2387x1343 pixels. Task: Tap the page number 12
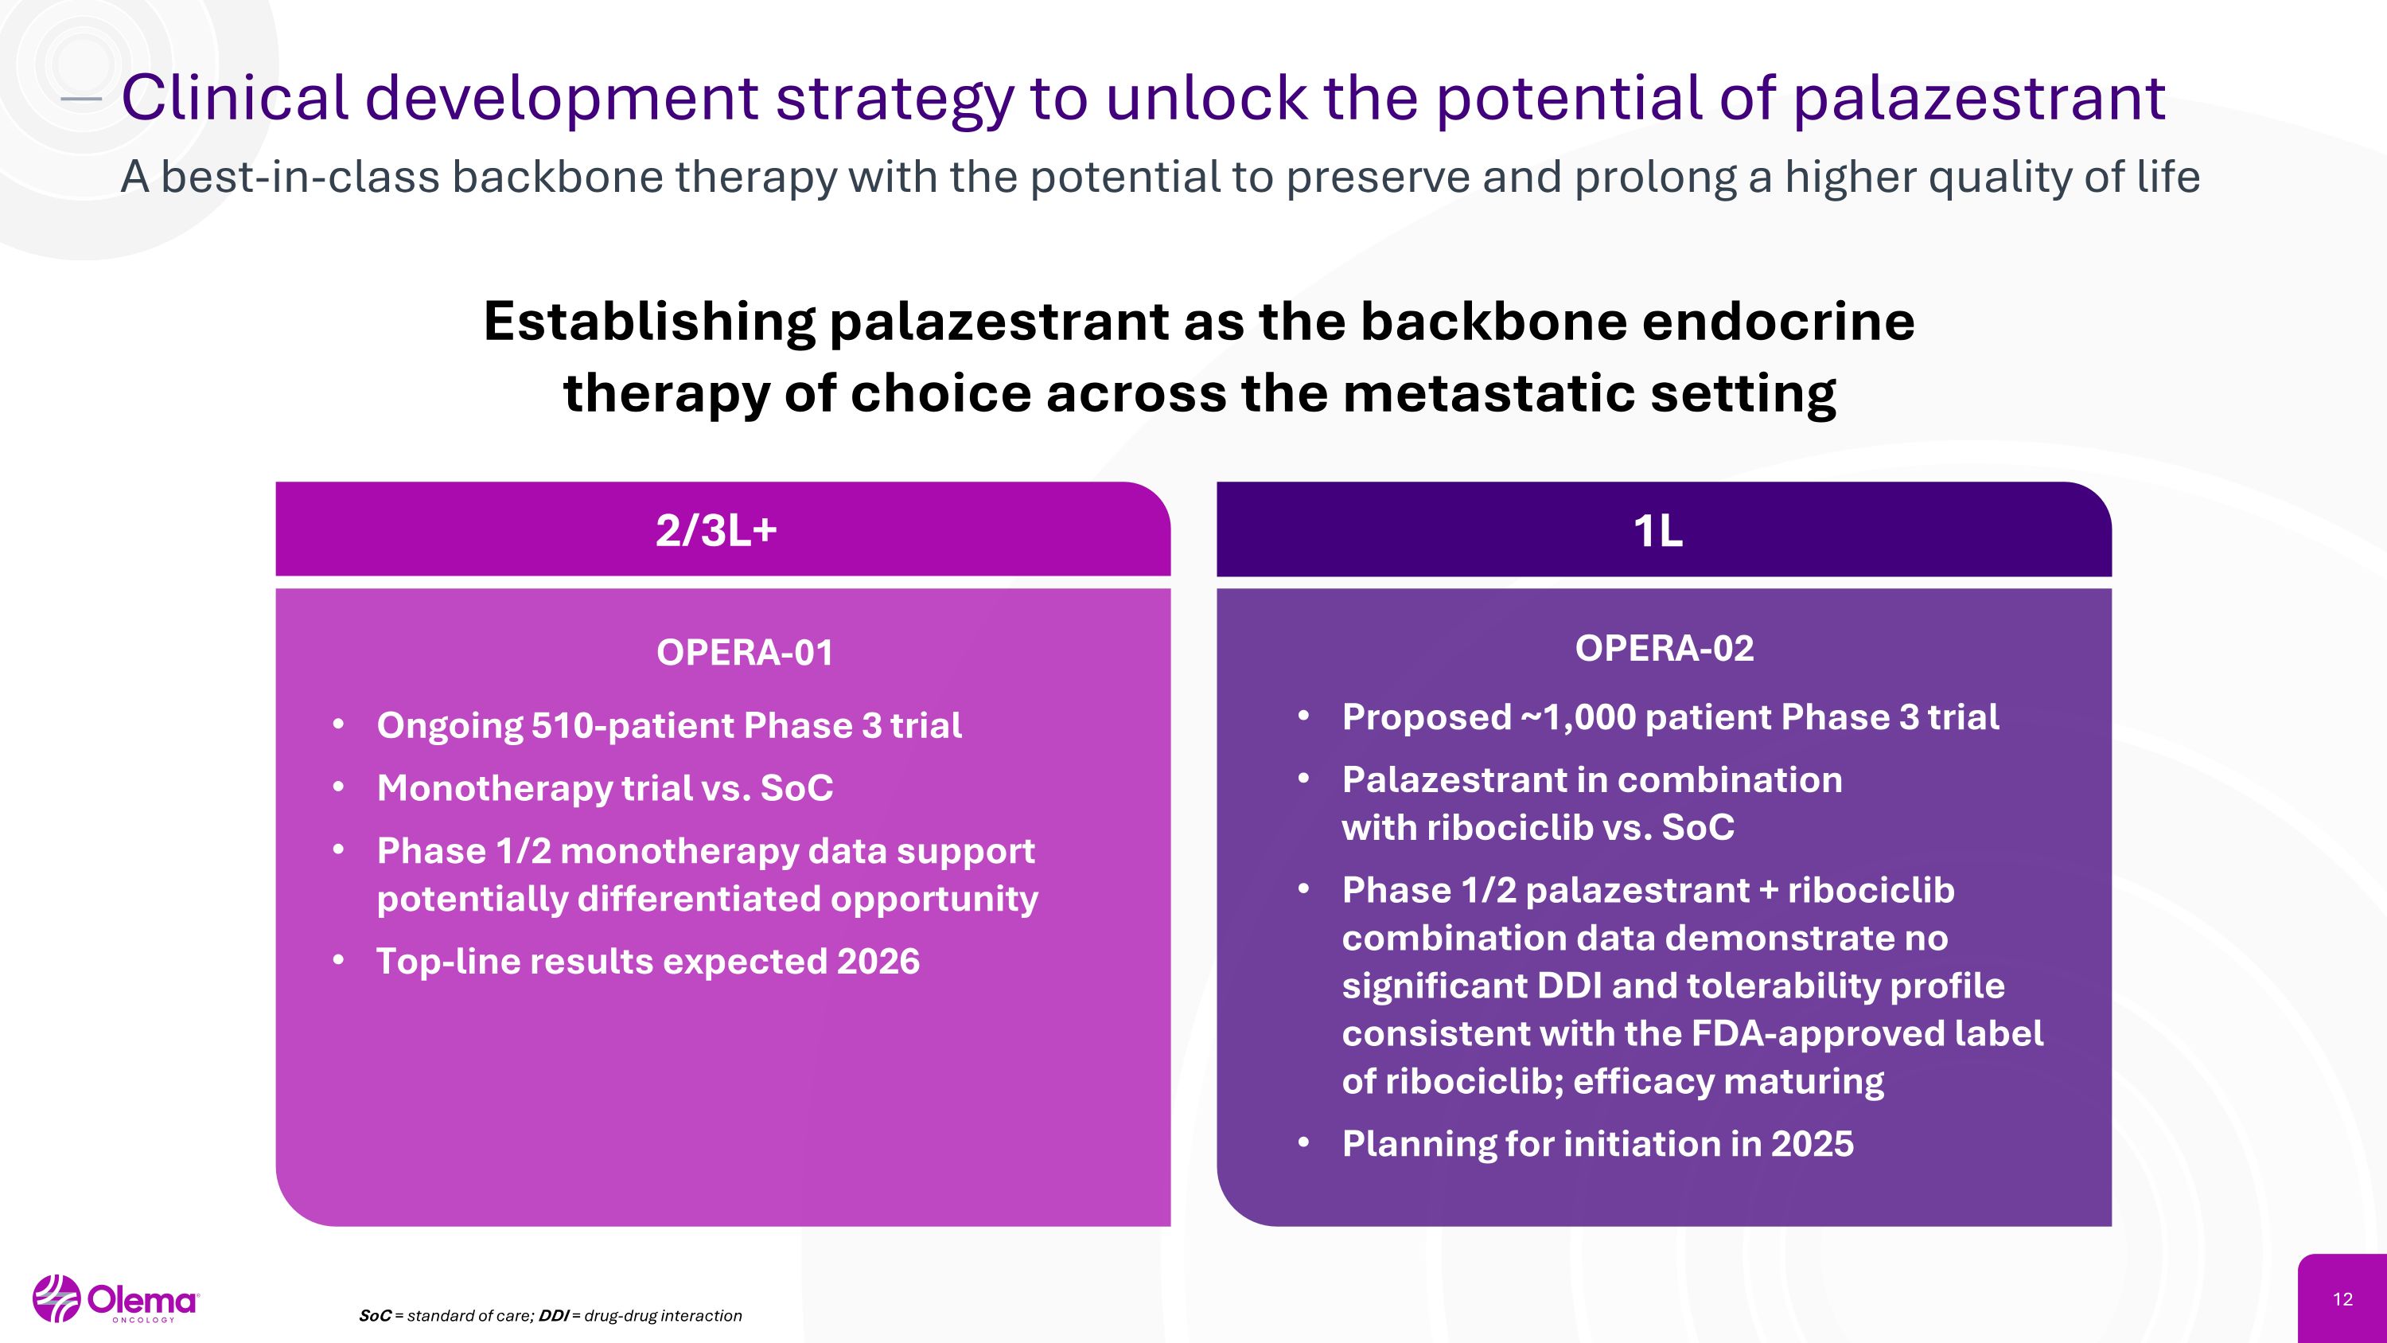click(x=2342, y=1299)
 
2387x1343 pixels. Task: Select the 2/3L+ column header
click(x=716, y=531)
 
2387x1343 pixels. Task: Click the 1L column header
click(x=1657, y=531)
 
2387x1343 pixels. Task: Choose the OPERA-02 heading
click(x=1665, y=648)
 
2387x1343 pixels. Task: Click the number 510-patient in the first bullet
click(x=631, y=724)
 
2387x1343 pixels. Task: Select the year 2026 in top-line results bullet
click(x=878, y=961)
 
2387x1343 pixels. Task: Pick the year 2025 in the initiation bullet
click(x=1812, y=1144)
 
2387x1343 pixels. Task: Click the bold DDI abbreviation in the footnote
click(x=553, y=1316)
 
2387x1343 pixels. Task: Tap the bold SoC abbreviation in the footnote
click(x=374, y=1316)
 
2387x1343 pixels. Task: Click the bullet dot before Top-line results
click(x=338, y=960)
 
